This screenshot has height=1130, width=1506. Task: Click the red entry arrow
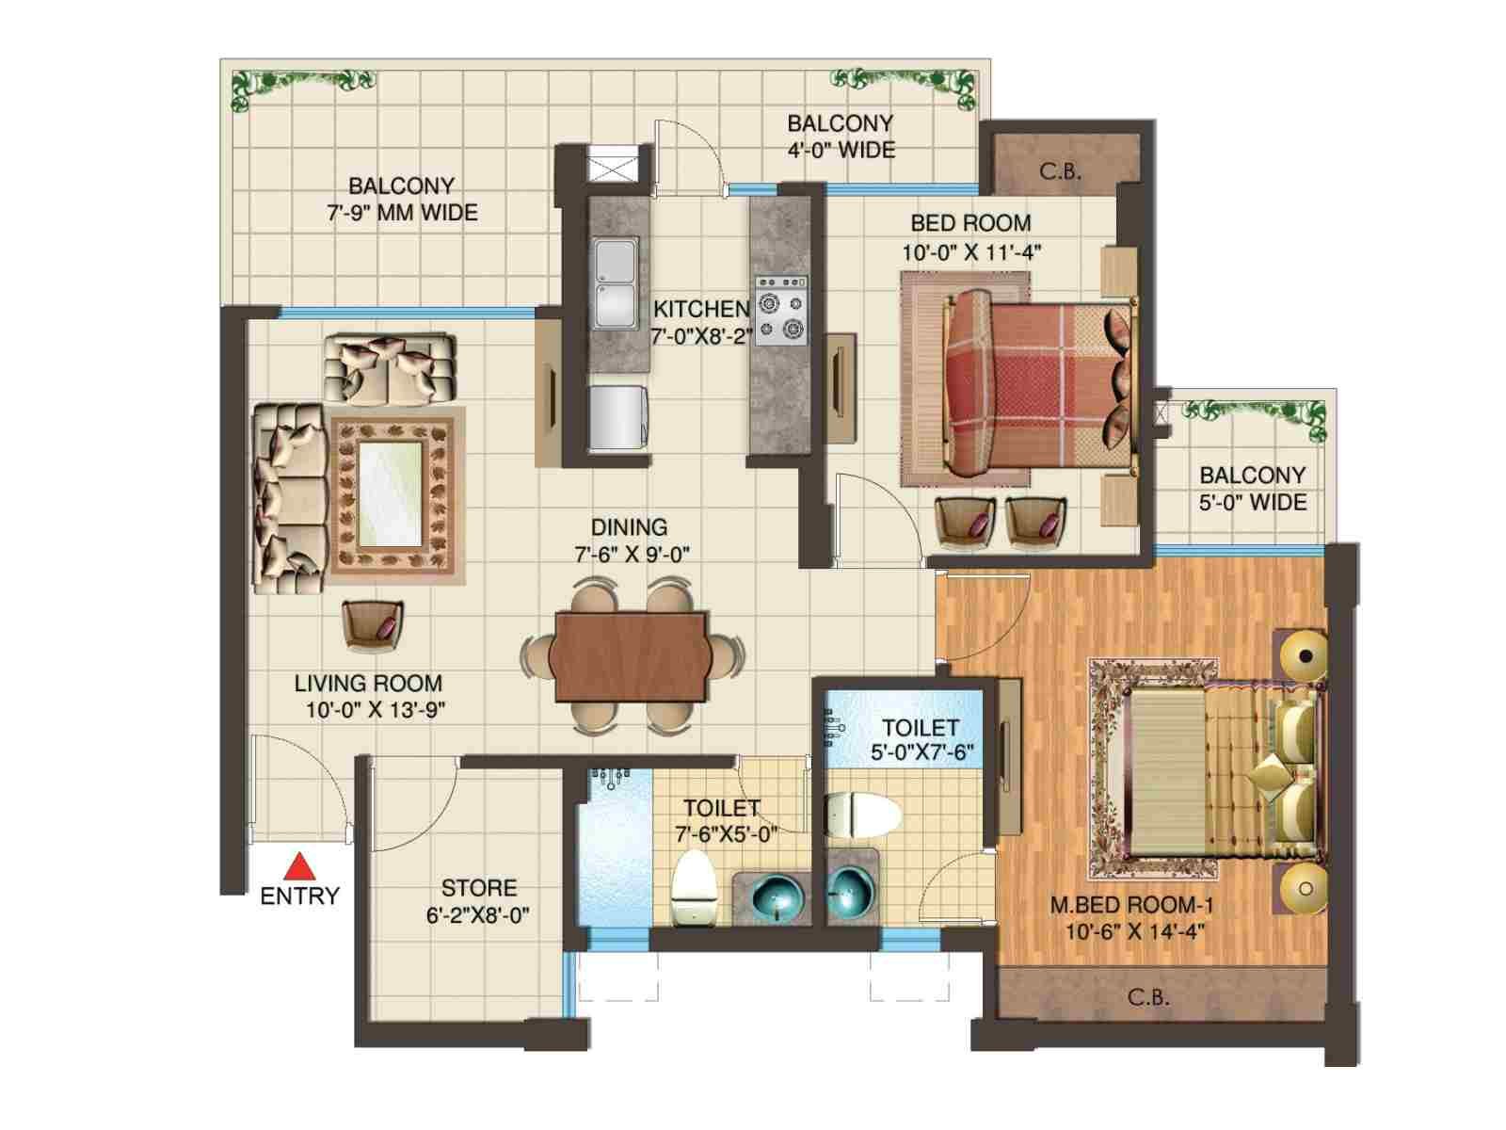tap(300, 866)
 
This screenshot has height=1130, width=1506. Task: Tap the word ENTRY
tap(300, 896)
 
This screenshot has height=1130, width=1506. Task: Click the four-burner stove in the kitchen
tap(781, 310)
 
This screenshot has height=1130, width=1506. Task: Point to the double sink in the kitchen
tap(616, 282)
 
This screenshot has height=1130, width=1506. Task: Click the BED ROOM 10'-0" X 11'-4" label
tap(970, 237)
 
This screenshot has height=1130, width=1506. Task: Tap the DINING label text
tap(629, 527)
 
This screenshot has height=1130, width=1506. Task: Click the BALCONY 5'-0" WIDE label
tap(1252, 489)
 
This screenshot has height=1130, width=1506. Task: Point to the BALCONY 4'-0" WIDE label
tap(841, 137)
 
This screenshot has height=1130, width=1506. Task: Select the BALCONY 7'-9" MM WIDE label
tap(402, 199)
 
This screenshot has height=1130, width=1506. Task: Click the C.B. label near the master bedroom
tap(1148, 997)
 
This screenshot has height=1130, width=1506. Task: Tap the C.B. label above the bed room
tap(1060, 170)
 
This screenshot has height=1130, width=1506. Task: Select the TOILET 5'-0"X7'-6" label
tap(921, 740)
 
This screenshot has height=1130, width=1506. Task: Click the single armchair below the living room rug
tap(373, 624)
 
